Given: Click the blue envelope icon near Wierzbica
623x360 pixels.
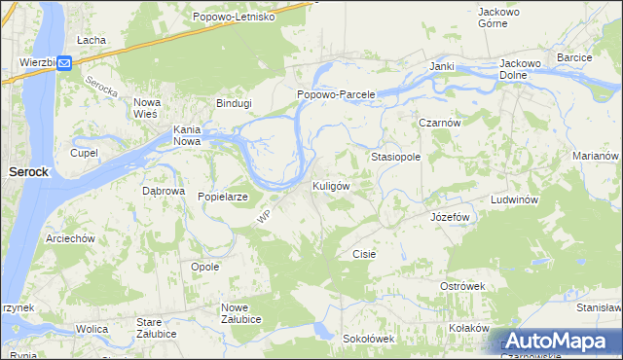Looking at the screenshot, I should pyautogui.click(x=64, y=63).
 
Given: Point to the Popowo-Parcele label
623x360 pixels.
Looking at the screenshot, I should pyautogui.click(x=336, y=95).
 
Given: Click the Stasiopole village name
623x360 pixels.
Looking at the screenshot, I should pyautogui.click(x=395, y=156).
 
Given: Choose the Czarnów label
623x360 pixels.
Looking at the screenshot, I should pyautogui.click(x=438, y=124).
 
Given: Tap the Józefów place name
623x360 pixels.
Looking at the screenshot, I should pyautogui.click(x=450, y=217).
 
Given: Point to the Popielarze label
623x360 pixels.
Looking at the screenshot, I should pyautogui.click(x=224, y=197).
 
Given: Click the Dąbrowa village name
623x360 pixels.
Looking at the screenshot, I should pyautogui.click(x=164, y=192).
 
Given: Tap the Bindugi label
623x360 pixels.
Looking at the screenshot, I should pyautogui.click(x=235, y=102).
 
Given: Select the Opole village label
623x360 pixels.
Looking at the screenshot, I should pyautogui.click(x=204, y=267).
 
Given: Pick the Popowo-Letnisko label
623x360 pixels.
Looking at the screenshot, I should pyautogui.click(x=234, y=18).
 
